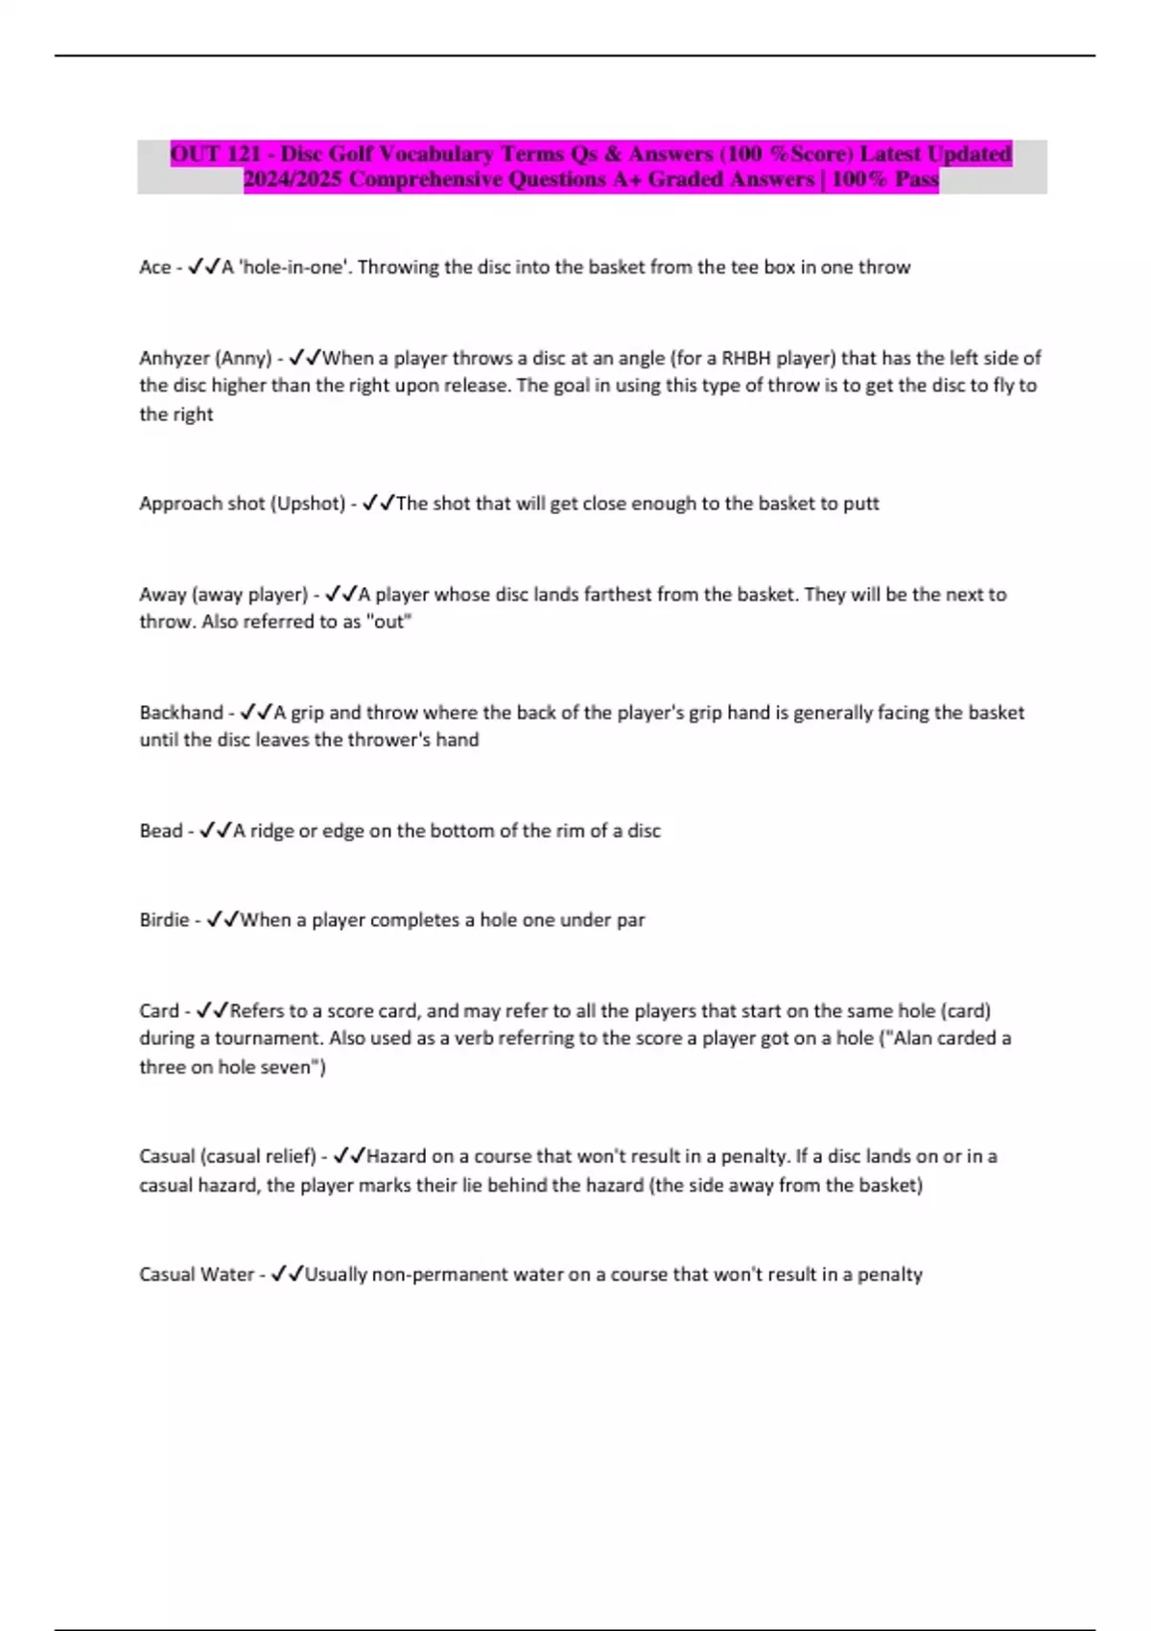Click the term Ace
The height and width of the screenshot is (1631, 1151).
(x=154, y=268)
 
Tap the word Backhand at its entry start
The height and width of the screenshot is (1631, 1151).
(x=180, y=713)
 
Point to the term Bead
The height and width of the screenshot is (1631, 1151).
(x=160, y=831)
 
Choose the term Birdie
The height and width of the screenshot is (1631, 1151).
(x=164, y=920)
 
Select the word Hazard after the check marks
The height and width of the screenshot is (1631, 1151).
(x=396, y=1157)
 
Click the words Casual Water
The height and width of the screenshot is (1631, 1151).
(x=197, y=1275)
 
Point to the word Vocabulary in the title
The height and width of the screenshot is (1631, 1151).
(x=437, y=154)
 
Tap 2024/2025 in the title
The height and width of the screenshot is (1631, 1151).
(x=293, y=179)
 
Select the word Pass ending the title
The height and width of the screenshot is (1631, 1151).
(x=916, y=179)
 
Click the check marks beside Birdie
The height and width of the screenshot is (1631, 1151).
(x=223, y=920)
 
